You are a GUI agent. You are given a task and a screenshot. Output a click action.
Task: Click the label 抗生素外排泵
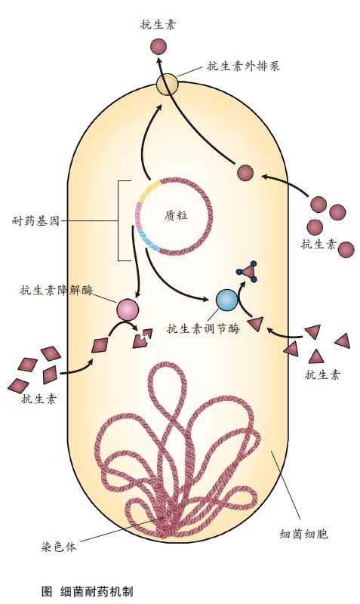(243, 66)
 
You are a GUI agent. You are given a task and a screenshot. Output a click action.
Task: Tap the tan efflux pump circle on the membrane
(167, 85)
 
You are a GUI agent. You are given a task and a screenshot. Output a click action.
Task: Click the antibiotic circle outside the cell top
(158, 47)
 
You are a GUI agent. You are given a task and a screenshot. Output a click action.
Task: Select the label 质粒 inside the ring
(176, 216)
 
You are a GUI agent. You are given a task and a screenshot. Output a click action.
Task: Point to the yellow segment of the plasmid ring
(148, 192)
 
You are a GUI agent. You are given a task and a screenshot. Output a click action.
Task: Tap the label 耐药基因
(36, 221)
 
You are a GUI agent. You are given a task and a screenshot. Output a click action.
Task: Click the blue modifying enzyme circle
(226, 300)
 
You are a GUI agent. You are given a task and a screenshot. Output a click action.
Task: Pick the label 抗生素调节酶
(203, 328)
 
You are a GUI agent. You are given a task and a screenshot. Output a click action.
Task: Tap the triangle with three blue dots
(248, 271)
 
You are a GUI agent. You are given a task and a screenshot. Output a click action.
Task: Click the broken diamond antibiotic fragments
(143, 338)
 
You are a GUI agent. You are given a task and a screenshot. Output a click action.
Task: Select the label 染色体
(59, 547)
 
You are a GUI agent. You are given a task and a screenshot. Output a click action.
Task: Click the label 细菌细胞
(304, 534)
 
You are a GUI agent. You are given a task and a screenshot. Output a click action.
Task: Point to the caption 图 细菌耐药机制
(87, 591)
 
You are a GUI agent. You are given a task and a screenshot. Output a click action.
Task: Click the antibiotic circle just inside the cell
(245, 173)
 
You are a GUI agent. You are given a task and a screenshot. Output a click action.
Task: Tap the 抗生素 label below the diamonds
(38, 399)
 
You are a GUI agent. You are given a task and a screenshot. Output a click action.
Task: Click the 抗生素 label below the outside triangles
(322, 374)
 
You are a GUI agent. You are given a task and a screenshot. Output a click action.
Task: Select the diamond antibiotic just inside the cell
(101, 345)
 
